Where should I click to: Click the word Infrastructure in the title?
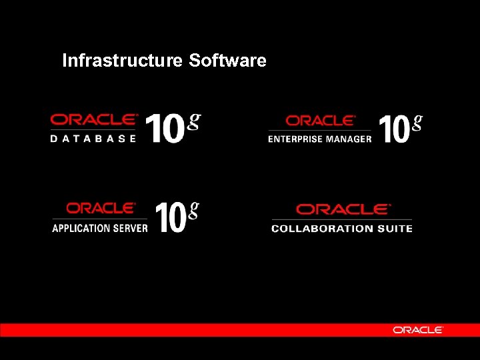coord(122,61)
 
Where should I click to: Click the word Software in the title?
coord(227,61)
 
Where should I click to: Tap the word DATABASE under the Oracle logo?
coord(93,139)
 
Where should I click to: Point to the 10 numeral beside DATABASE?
coord(164,128)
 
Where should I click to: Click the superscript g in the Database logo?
coord(194,121)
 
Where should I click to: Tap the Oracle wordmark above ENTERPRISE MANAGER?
coord(321,121)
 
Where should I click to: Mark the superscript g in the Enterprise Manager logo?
coord(417,122)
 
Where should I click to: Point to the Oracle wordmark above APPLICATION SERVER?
coord(101,208)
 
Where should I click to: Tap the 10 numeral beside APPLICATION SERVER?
coord(171,217)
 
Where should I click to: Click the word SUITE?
coord(395,229)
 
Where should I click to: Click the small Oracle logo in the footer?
coord(418,330)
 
